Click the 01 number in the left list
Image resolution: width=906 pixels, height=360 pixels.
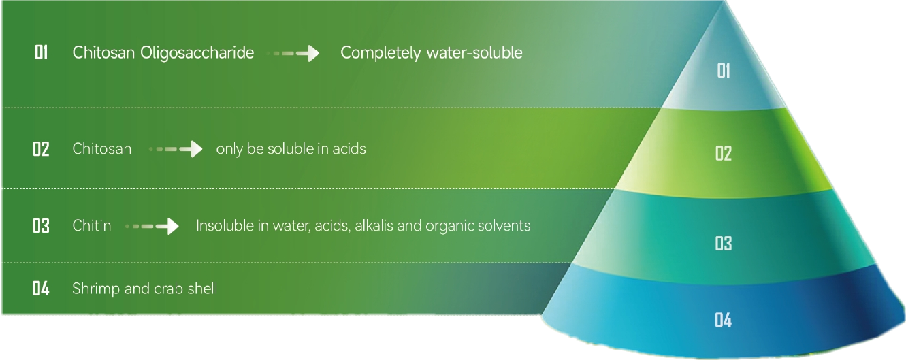tap(42, 52)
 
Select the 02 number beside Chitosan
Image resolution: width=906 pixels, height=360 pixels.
tap(41, 149)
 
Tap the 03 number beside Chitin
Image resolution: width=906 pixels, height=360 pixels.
tap(41, 226)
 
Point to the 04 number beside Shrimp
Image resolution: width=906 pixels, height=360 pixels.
tap(41, 289)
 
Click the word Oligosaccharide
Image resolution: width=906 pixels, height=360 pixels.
tap(197, 53)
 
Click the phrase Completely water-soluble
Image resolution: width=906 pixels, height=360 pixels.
tap(431, 53)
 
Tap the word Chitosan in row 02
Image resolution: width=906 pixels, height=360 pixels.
tap(102, 149)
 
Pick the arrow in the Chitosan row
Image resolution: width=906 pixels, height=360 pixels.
tap(176, 149)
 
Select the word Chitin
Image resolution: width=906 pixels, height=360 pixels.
tap(92, 226)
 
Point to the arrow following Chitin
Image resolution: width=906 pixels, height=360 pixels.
tap(152, 226)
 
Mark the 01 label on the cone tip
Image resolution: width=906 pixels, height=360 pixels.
tap(724, 71)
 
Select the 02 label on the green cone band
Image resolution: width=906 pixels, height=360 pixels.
tap(724, 153)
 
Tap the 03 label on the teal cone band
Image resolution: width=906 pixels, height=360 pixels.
tap(724, 244)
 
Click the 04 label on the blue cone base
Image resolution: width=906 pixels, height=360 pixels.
tap(723, 321)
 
